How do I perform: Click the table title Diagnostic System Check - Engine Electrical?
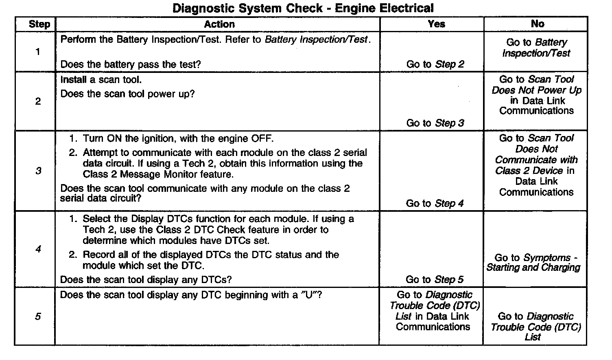coord(303,8)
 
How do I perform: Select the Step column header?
coord(39,24)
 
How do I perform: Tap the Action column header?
coord(219,24)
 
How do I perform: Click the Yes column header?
coord(436,24)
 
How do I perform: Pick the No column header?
coord(537,24)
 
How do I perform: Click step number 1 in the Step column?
coord(38,52)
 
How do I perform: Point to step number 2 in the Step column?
coord(38,101)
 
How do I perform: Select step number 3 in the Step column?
coord(38,171)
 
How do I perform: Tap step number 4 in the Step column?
coord(38,249)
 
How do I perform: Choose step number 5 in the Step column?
coord(38,316)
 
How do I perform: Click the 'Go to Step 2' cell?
coord(435,64)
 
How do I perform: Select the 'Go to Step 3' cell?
coord(435,123)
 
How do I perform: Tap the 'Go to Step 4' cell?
coord(435,203)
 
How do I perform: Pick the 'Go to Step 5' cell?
coord(434,279)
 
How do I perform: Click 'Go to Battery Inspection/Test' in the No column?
coord(536,48)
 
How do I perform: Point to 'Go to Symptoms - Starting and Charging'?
coord(533,263)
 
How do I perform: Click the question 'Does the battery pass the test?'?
coord(130,64)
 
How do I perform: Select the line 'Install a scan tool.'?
coord(101,80)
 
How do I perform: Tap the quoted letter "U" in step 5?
coord(309,295)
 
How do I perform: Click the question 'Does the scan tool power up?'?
coord(127,94)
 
